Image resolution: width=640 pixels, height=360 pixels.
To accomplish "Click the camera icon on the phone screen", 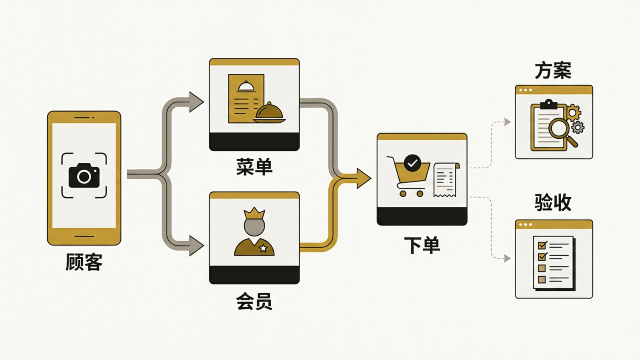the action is tap(84, 176).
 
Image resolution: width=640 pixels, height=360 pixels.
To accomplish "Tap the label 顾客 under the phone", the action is tap(84, 262).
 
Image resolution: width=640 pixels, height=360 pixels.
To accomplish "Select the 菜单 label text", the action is tap(254, 167).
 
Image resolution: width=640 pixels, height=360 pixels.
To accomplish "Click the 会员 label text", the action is tap(254, 302).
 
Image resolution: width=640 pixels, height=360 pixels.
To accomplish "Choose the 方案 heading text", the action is tap(553, 70).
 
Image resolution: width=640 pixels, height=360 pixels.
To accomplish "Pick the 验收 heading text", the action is tap(553, 202).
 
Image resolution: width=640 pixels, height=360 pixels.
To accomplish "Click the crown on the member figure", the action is tap(254, 214).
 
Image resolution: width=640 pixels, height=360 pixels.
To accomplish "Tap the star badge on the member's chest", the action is tap(263, 248).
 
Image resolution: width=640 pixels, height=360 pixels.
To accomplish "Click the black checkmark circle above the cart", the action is tap(412, 163).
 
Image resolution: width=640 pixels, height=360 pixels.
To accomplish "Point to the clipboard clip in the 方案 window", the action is tap(548, 104).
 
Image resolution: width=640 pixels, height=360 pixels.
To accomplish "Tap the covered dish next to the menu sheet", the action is tap(269, 113).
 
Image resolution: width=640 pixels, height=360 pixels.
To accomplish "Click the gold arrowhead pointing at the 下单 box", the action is tap(364, 178).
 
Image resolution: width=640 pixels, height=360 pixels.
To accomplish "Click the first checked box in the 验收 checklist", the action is tap(542, 245).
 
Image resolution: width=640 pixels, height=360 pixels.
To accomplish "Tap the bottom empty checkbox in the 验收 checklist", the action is tap(542, 280).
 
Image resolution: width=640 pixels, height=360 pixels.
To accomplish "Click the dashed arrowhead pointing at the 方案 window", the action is tap(508, 122).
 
